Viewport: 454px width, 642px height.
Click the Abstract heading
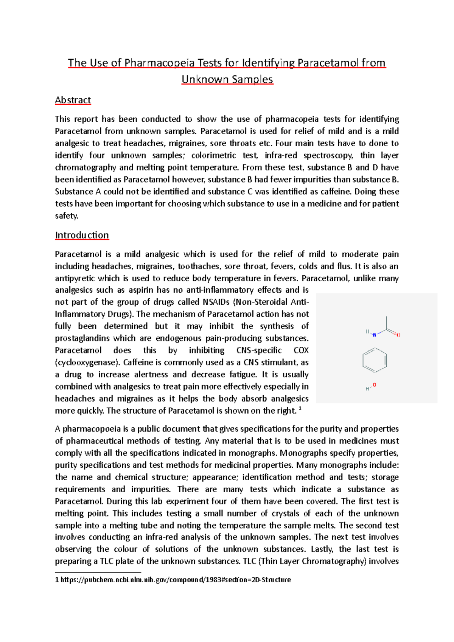[x=73, y=100]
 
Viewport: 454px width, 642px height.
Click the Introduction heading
[x=82, y=235]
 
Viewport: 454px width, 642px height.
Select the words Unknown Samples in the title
[x=227, y=79]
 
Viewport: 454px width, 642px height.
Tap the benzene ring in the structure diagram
[x=375, y=360]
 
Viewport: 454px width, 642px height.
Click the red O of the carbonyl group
[x=398, y=335]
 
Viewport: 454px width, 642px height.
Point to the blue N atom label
[x=374, y=335]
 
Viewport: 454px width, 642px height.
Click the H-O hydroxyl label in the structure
[x=371, y=387]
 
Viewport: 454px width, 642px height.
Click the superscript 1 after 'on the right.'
[x=300, y=408]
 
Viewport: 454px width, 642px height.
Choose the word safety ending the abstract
[x=66, y=216]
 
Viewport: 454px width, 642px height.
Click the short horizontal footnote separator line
[x=98, y=572]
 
